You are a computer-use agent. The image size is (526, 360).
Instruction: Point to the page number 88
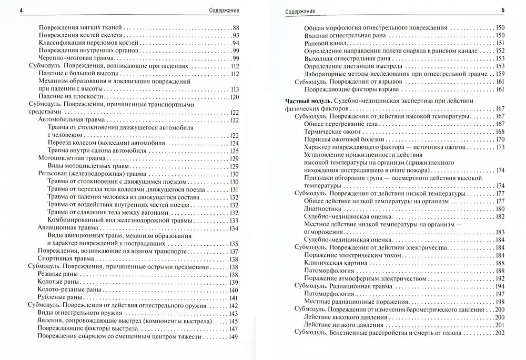(235, 27)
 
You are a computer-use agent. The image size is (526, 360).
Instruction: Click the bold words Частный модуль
(300, 100)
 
